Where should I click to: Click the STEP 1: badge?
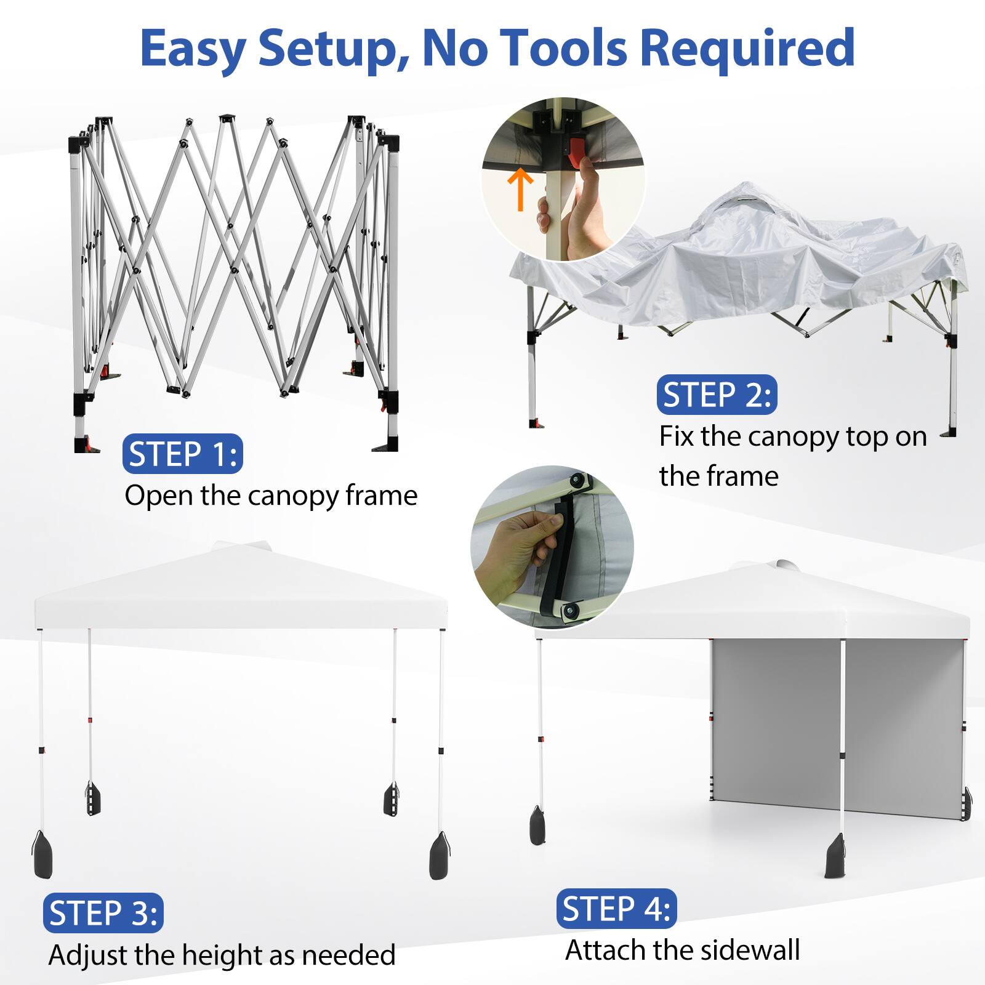183,454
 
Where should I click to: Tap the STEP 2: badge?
717,395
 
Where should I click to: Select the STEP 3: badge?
103,913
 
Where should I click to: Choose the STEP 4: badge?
616,909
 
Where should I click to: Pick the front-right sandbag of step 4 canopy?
835,856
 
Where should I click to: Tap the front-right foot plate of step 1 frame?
387,444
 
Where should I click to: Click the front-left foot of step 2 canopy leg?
536,424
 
